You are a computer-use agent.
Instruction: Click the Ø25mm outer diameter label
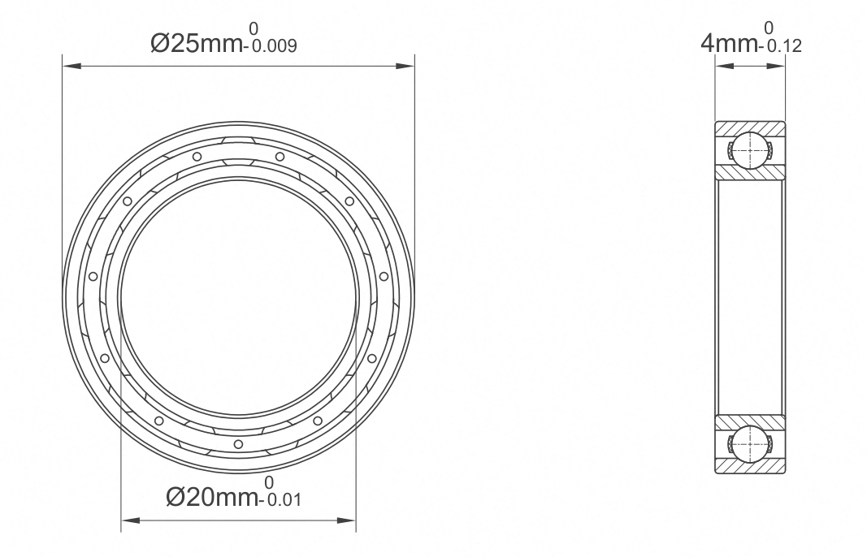click(197, 43)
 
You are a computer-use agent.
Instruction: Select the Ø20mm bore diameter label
click(212, 497)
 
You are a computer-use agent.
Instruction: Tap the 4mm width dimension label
click(730, 42)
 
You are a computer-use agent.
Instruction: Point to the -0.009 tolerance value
click(270, 45)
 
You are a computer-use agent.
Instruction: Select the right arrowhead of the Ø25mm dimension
click(405, 67)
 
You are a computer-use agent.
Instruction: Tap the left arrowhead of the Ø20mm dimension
click(131, 520)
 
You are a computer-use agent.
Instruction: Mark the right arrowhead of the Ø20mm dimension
click(346, 520)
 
